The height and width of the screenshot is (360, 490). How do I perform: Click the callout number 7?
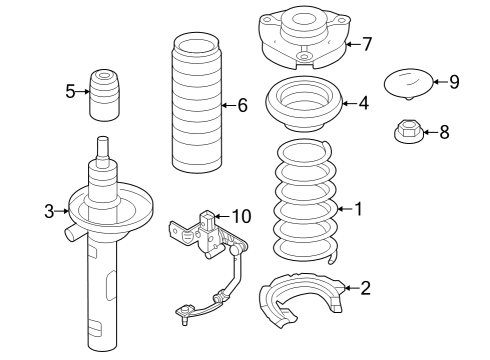point(367,44)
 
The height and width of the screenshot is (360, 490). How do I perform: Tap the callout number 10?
point(241,216)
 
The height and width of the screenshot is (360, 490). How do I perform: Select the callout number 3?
point(49,211)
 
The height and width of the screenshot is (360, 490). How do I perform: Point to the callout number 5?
point(70,91)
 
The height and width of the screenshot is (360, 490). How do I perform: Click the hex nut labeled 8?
point(408,132)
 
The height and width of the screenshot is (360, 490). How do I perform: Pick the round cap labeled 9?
point(409,84)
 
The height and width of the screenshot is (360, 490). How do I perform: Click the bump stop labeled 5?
point(104,95)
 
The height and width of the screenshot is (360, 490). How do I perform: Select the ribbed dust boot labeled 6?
point(196,103)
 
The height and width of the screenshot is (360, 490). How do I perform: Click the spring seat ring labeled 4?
point(304,104)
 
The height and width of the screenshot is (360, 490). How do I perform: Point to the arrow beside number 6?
point(229,105)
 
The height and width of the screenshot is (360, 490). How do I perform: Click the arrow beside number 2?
point(351,288)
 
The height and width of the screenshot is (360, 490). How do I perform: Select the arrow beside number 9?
point(440,81)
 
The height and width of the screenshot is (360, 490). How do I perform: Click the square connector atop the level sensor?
point(208,220)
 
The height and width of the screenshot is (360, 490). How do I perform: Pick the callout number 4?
point(364,103)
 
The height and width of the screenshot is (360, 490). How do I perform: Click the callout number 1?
point(358,209)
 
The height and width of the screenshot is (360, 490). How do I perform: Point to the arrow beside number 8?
point(431,132)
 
